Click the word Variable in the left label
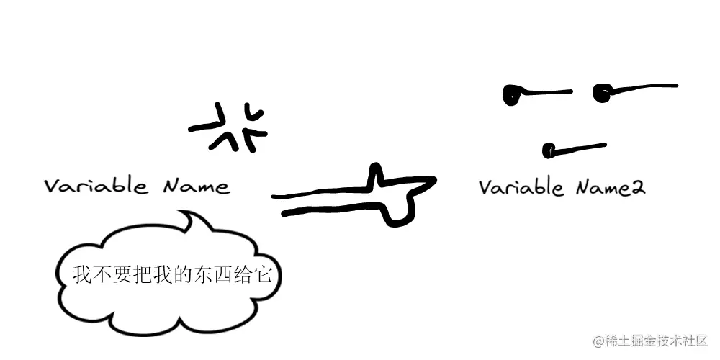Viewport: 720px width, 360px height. pos(96,186)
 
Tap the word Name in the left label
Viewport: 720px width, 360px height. pos(196,186)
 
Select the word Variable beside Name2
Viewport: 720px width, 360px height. pos(521,187)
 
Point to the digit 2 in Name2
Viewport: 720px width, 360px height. pos(637,189)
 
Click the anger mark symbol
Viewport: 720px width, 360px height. pos(229,127)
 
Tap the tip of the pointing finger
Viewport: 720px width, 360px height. pos(432,181)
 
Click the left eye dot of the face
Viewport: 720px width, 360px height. pos(513,94)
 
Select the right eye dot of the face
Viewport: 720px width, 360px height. pos(602,91)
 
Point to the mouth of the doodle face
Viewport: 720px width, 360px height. pos(574,149)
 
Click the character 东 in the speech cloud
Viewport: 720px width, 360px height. pos(202,275)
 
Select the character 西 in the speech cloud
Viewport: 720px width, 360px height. pos(222,275)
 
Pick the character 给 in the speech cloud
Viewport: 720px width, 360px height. pos(243,275)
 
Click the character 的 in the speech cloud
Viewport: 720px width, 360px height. pos(181,275)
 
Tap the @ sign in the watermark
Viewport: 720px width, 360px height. pos(598,340)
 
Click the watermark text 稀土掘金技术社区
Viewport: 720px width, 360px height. pos(657,340)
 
